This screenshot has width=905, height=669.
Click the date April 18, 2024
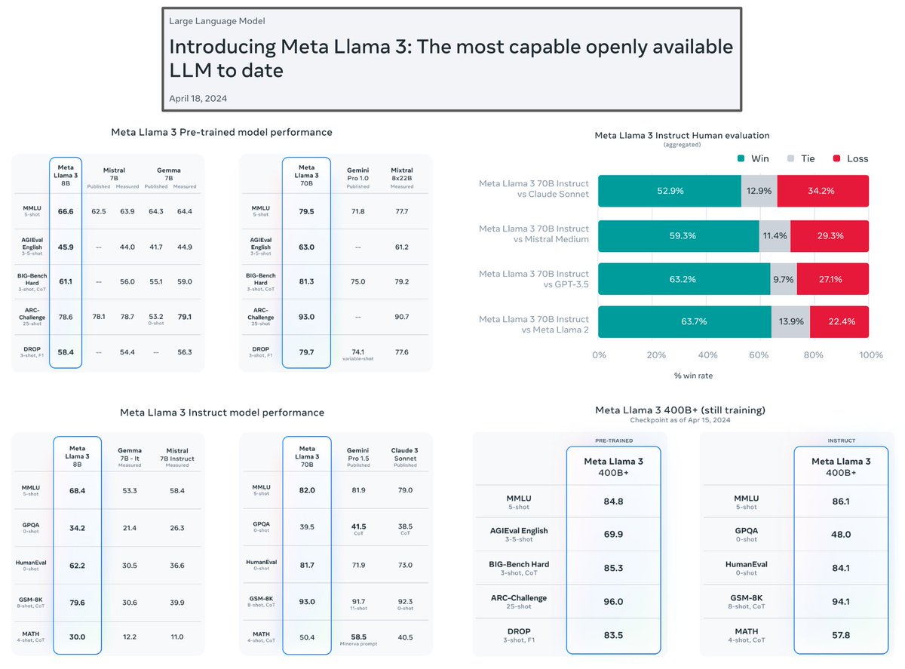(x=198, y=98)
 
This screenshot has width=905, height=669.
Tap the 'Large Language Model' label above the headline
(x=217, y=21)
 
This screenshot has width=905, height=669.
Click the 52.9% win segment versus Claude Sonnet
(x=669, y=191)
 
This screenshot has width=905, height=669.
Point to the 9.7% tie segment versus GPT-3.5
(x=783, y=279)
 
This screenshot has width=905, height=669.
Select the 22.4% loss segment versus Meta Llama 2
(x=840, y=322)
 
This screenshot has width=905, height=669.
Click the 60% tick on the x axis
(x=761, y=354)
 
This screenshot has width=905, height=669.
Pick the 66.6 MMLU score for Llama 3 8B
(x=66, y=212)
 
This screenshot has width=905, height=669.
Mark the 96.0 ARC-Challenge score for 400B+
(x=613, y=601)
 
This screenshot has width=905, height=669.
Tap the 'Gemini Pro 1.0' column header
(x=357, y=175)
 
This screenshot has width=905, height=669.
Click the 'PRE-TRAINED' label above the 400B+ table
(x=614, y=440)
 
